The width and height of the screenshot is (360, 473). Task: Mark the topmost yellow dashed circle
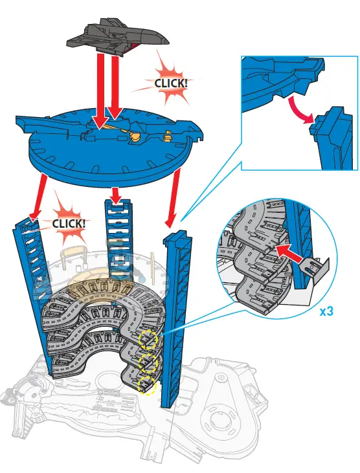[x=150, y=338]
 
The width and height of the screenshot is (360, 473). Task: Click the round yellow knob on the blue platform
[x=135, y=137]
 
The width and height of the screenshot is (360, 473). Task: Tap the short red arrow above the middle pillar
[x=115, y=193]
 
